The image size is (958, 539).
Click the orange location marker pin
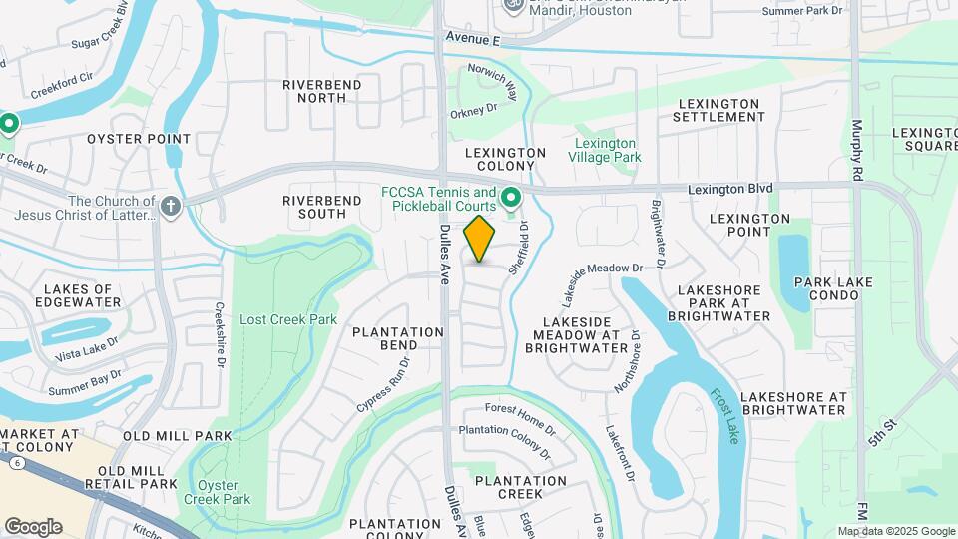click(480, 238)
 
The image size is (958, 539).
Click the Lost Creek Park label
click(288, 320)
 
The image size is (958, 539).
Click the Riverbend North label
click(321, 91)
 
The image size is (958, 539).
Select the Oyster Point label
click(139, 139)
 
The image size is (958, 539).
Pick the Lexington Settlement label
click(720, 110)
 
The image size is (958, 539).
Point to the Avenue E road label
click(470, 40)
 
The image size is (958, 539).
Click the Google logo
click(33, 526)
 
